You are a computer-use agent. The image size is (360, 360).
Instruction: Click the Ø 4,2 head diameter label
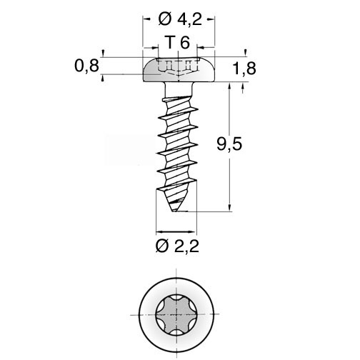(x=180, y=19)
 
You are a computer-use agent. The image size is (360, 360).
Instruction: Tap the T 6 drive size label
(x=178, y=43)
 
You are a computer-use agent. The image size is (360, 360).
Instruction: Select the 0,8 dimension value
(x=86, y=66)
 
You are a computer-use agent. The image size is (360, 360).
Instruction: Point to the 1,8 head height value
(x=244, y=69)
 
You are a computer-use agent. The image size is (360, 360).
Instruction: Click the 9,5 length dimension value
(x=229, y=144)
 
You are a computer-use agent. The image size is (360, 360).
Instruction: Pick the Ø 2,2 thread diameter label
(x=177, y=246)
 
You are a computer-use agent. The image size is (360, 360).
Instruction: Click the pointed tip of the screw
(x=175, y=211)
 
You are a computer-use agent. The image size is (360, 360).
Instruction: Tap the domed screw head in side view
(x=179, y=69)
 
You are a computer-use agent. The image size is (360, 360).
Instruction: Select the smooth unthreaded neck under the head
(x=179, y=89)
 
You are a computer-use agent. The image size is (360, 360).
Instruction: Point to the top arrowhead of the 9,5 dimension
(x=229, y=86)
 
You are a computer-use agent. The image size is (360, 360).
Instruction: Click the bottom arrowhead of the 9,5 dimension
(x=229, y=208)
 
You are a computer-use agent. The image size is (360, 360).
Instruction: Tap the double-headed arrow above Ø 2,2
(x=176, y=231)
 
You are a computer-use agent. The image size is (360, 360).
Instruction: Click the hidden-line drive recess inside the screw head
(x=179, y=67)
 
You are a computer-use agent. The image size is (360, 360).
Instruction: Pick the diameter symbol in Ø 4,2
(x=165, y=19)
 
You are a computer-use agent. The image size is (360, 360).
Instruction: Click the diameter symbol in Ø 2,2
(x=162, y=246)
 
